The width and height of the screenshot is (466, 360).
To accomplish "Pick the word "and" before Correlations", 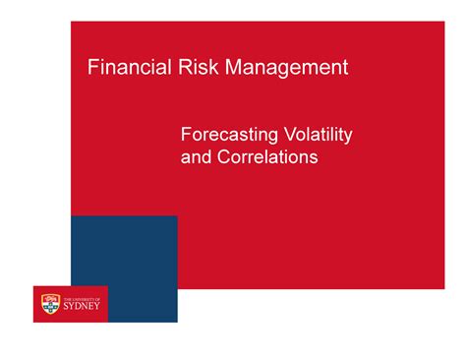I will pyautogui.click(x=197, y=157).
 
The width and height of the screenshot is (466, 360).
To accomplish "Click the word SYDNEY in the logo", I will pyautogui.click(x=83, y=306).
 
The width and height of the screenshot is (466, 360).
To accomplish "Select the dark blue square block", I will pyautogui.click(x=124, y=256).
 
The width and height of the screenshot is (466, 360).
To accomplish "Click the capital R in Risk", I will pyautogui.click(x=174, y=68).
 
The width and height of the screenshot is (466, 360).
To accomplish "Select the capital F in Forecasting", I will pyautogui.click(x=186, y=134).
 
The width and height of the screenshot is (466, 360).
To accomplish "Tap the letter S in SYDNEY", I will pyautogui.click(x=66, y=306).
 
